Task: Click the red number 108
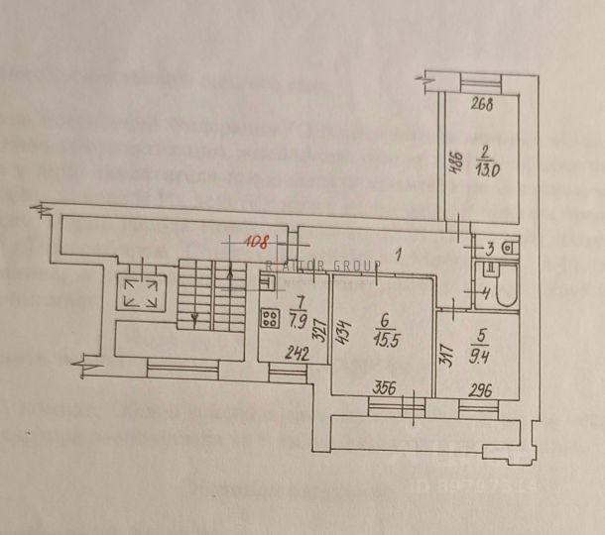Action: [x=258, y=239]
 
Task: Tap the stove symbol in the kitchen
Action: [x=268, y=319]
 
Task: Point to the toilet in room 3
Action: [x=505, y=247]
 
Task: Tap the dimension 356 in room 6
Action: [x=385, y=388]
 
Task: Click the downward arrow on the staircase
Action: [x=195, y=317]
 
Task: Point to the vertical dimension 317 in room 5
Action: [x=445, y=354]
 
